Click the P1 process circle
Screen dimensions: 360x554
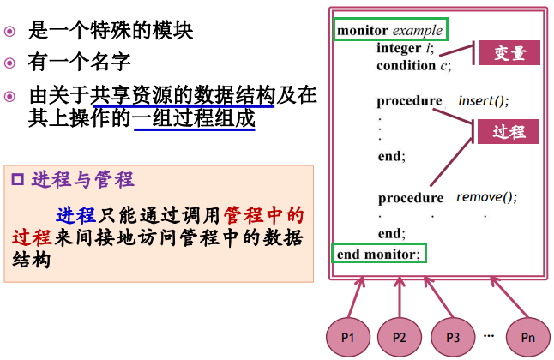point(348,337)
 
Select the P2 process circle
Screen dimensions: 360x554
point(400,337)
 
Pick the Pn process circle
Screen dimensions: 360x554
point(527,337)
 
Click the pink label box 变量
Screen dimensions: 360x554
point(509,53)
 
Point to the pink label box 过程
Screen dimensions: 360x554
point(509,132)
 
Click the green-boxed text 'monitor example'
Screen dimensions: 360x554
point(389,30)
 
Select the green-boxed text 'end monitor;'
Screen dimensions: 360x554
point(379,254)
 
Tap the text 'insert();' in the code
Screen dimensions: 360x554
point(484,101)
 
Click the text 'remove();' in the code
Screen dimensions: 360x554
point(486,197)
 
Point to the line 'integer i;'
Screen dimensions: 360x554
point(406,48)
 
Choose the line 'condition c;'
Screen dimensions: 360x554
point(413,64)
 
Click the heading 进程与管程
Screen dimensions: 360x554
point(82,179)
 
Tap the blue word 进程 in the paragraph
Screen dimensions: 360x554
point(74,214)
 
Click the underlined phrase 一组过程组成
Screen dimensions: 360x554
point(194,117)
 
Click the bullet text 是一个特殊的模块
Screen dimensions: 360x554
point(111,31)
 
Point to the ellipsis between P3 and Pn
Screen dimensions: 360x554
point(489,333)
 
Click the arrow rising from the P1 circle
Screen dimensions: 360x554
point(354,297)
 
